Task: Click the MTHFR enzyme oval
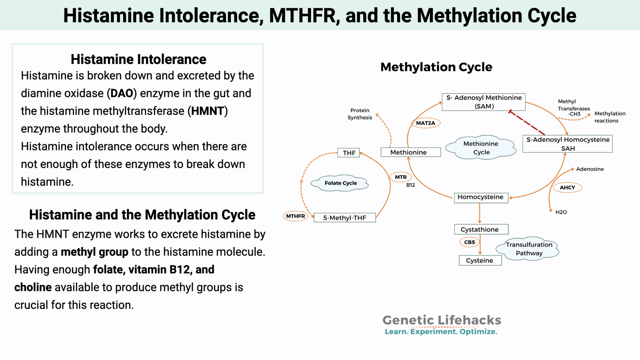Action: (295, 216)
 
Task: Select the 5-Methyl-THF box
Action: (344, 218)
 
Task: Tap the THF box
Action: (349, 153)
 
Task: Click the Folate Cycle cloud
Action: (340, 183)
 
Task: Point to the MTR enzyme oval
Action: (401, 177)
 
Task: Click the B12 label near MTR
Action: (411, 185)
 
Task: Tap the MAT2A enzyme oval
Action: (425, 123)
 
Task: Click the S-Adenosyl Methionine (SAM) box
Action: (483, 102)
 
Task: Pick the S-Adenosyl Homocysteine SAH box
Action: (567, 144)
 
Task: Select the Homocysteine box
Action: (481, 197)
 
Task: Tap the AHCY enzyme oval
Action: (567, 187)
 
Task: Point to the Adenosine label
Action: (590, 169)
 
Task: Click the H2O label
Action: (561, 212)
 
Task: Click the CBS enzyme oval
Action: (469, 242)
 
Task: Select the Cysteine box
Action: (480, 260)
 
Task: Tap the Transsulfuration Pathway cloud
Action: (529, 249)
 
